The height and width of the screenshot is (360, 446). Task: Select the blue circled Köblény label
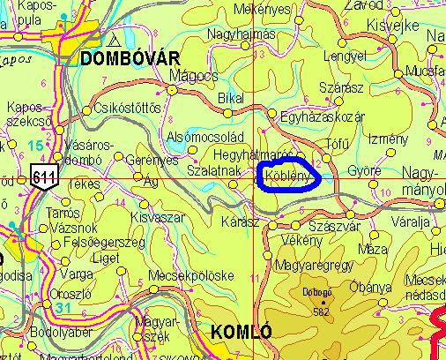[287, 177]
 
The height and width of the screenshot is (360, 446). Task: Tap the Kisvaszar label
[155, 216]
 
